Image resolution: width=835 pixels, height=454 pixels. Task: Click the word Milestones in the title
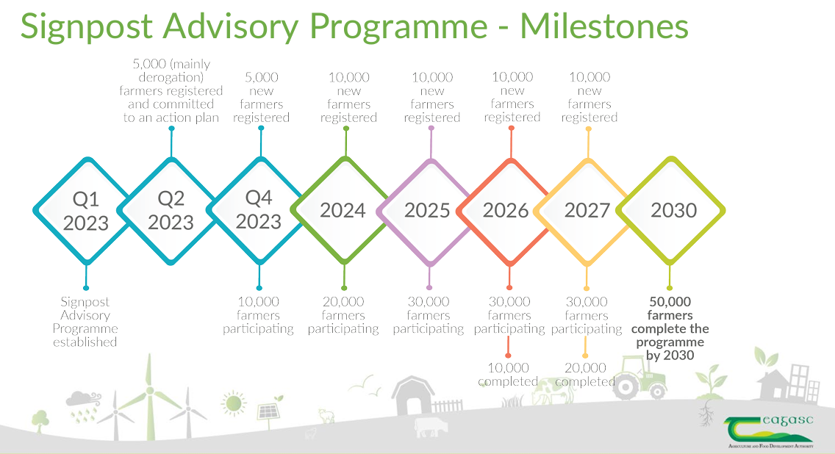[x=604, y=26]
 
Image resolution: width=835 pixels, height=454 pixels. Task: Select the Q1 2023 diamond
[x=86, y=211]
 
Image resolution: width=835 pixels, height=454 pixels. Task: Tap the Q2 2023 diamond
[x=171, y=211]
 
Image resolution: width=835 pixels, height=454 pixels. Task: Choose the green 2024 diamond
[x=343, y=211]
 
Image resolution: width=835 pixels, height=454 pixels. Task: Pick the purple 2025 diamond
[x=427, y=211]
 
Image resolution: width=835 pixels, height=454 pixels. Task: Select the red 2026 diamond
[x=506, y=211]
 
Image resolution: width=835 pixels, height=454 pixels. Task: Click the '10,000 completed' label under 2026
[x=508, y=375]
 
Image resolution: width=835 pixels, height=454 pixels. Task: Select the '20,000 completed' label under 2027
[x=585, y=375]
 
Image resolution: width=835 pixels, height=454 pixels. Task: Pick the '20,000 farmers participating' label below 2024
[x=343, y=315]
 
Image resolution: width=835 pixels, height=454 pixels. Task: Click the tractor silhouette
[x=639, y=378]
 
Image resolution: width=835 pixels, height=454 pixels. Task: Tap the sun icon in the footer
[x=234, y=403]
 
